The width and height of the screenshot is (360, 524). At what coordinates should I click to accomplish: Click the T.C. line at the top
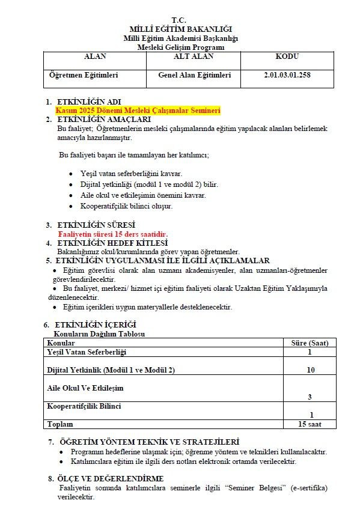180,20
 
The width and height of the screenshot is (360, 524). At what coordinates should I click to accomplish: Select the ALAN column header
94,56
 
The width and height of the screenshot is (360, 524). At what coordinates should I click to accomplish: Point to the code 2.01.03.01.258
287,76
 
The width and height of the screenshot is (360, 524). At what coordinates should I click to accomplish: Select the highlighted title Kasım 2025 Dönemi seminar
138,111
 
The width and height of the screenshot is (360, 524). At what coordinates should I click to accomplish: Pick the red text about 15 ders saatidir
112,234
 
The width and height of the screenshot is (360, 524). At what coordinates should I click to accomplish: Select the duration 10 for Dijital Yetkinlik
310,370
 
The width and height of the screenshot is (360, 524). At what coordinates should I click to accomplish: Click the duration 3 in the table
310,397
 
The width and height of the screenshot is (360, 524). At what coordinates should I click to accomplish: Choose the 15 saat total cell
310,424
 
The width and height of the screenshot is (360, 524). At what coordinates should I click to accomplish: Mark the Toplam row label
59,424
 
